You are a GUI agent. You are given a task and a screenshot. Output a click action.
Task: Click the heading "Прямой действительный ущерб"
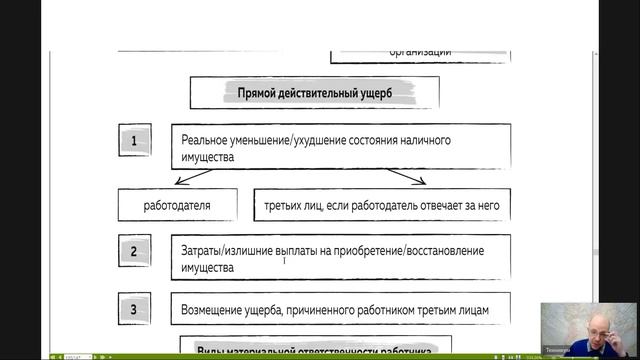coord(315,93)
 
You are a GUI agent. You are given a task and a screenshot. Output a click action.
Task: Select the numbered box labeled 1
coord(134,142)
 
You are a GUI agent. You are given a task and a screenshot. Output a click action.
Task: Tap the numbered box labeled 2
coord(134,251)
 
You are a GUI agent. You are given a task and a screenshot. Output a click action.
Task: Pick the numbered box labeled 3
coord(134,309)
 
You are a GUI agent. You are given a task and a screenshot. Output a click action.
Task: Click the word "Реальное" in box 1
coord(208,140)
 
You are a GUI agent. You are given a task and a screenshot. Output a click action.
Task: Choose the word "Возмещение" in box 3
coord(215,309)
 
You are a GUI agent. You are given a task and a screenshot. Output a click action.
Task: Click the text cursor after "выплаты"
coord(285,259)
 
